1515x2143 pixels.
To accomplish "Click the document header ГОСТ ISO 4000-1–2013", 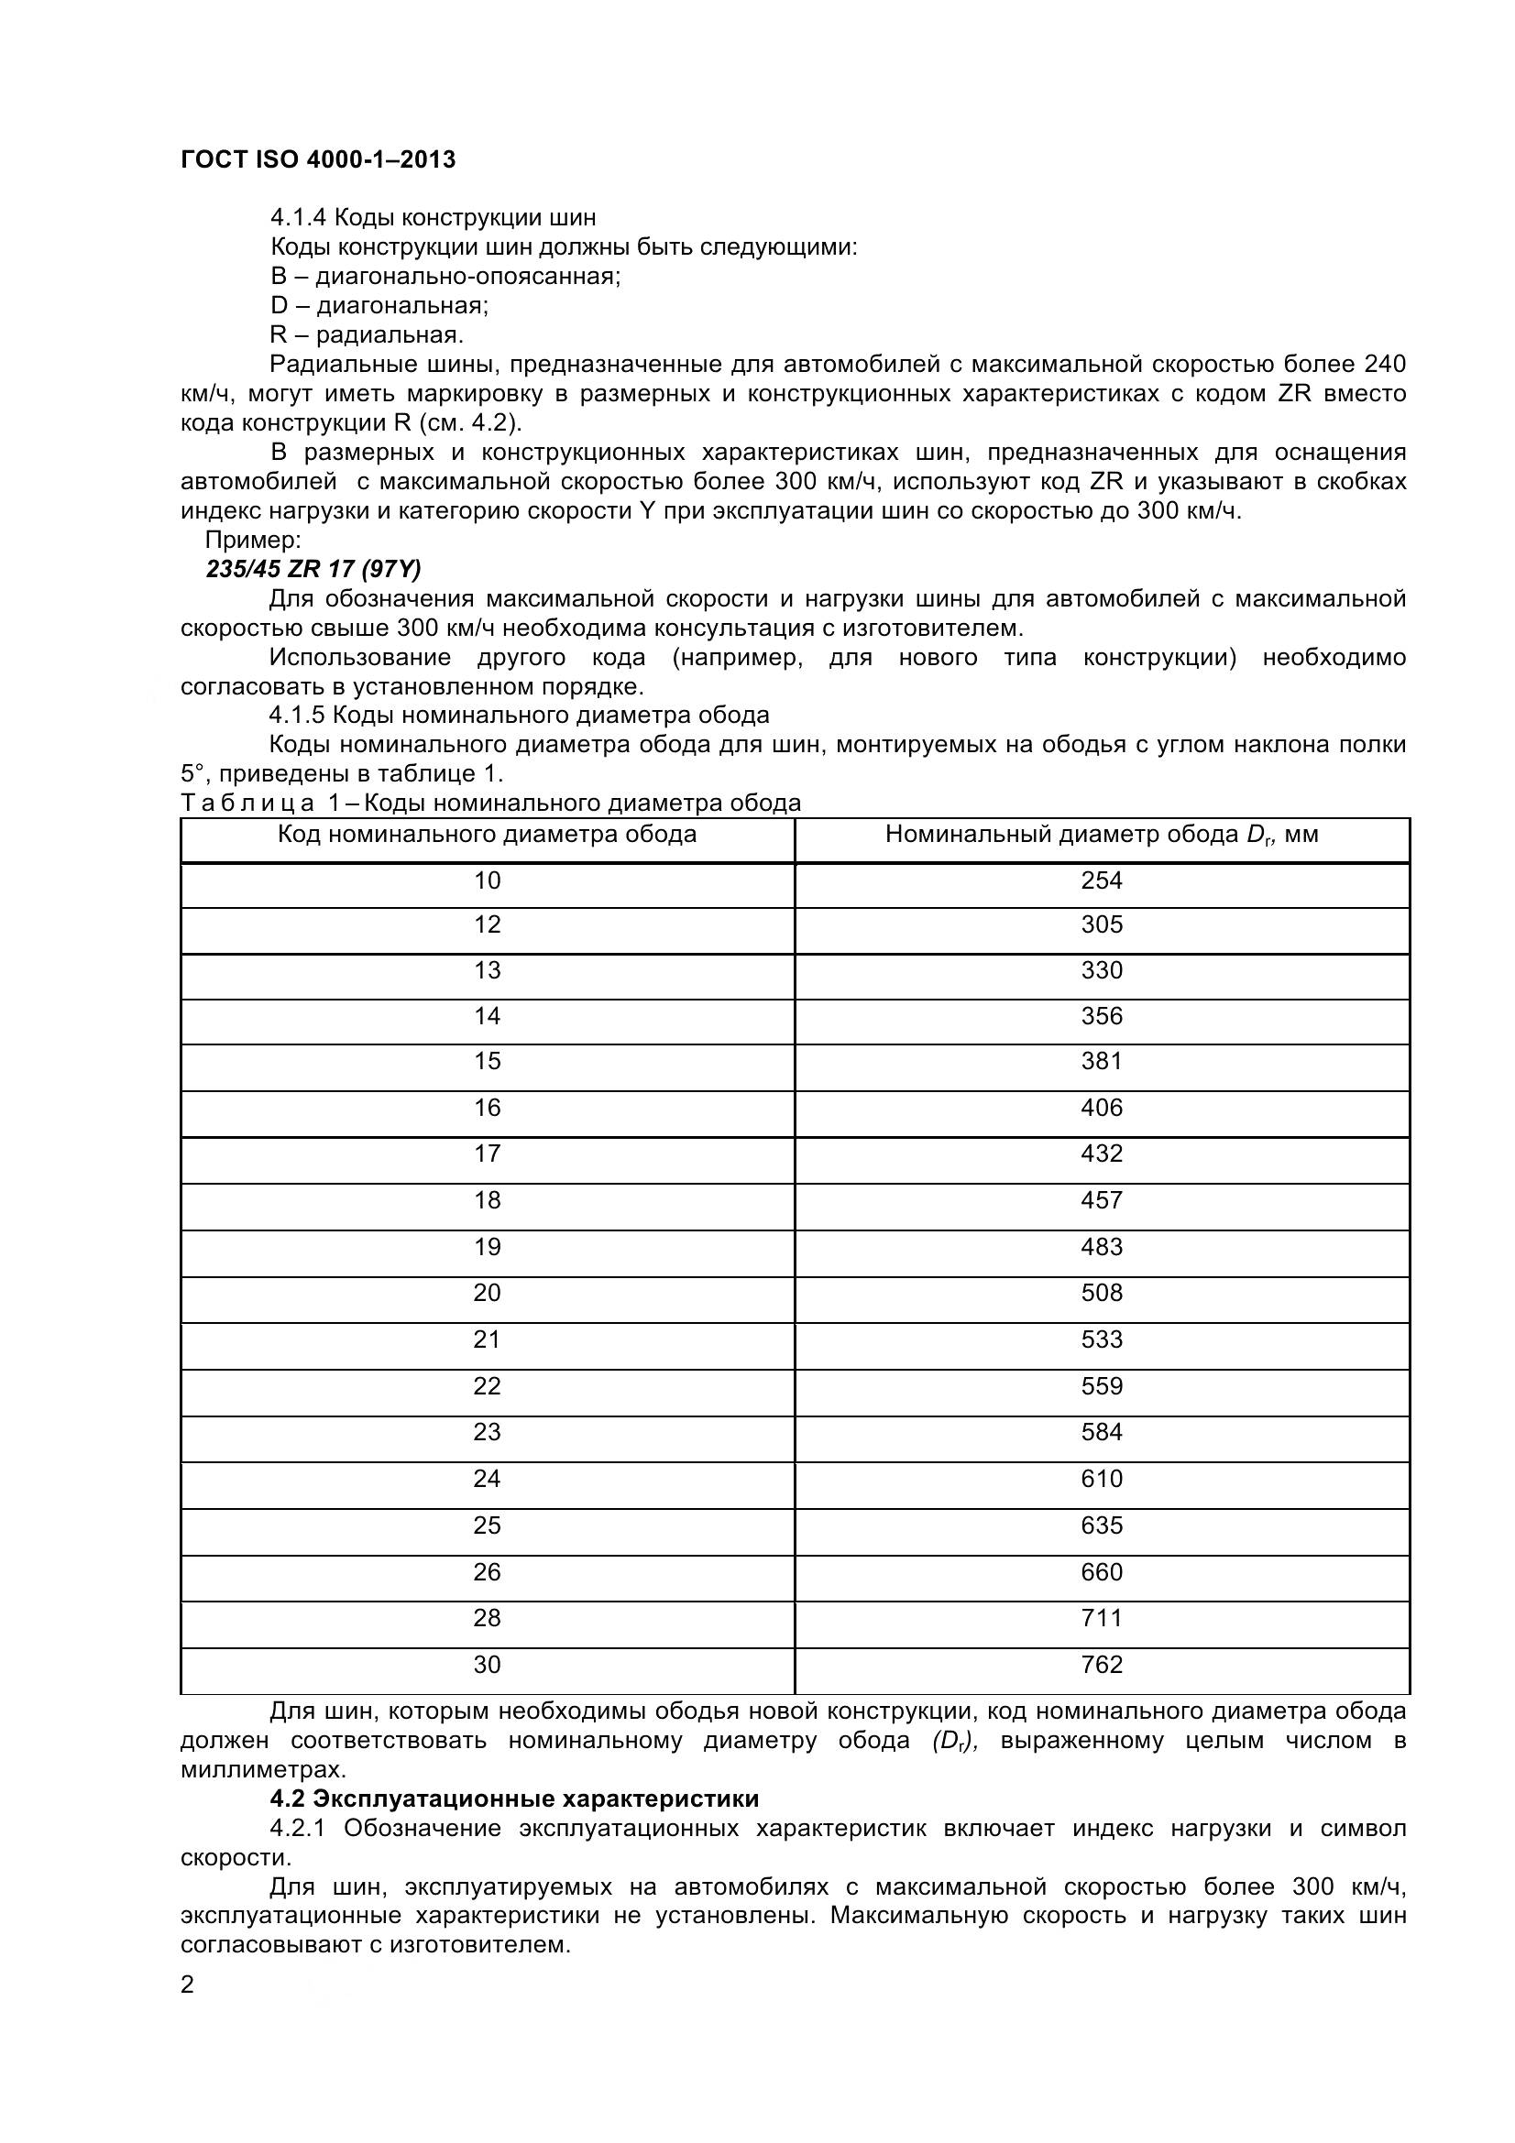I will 317,160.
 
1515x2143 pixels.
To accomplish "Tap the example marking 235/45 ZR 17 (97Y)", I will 313,568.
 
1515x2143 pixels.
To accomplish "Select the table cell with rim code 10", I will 488,880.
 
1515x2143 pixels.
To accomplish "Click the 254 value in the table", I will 1102,880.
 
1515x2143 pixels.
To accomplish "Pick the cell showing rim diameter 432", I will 1102,1154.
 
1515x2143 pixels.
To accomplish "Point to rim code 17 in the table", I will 488,1154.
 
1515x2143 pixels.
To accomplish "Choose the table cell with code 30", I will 488,1664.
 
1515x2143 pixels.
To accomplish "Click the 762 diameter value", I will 1102,1664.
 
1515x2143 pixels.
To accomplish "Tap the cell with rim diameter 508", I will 1102,1293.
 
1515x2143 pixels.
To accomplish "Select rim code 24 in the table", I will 488,1479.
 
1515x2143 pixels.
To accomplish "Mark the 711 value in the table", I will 1102,1617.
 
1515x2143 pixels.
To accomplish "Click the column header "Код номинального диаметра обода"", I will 488,835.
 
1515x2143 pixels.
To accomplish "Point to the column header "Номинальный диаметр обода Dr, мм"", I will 1102,835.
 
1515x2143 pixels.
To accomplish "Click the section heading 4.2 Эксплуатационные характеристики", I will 514,1799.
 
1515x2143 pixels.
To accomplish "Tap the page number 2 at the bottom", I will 188,1984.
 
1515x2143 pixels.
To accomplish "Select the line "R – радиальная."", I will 367,334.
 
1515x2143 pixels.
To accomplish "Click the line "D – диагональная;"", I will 379,305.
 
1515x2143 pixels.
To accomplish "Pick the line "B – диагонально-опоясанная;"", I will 445,277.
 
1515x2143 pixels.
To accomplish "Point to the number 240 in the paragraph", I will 1384,364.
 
